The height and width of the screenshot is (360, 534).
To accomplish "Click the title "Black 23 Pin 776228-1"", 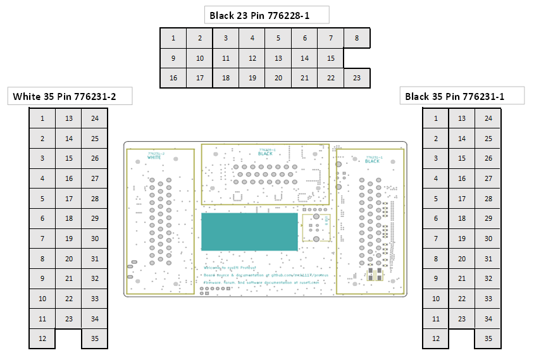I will (260, 15).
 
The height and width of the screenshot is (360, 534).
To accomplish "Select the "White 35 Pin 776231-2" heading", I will (69, 97).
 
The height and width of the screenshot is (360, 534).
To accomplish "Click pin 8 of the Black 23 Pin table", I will (357, 38).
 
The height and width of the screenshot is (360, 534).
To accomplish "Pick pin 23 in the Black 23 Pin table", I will (357, 78).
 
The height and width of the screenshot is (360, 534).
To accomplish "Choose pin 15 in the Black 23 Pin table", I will (330, 58).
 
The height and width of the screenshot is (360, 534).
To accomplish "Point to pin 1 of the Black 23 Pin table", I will (173, 38).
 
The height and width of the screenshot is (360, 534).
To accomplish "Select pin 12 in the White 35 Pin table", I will (42, 338).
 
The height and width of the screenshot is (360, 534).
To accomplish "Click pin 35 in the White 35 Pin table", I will (95, 338).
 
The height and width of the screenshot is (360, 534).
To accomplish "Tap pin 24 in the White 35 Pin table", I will (95, 118).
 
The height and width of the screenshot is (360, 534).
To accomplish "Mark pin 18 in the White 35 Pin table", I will (69, 218).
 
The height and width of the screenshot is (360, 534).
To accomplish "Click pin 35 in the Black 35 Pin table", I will (488, 338).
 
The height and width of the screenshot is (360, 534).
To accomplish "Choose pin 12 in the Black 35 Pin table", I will (435, 338).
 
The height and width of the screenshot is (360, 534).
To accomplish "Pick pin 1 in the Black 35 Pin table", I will (435, 118).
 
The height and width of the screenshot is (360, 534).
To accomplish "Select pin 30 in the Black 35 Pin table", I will (488, 239).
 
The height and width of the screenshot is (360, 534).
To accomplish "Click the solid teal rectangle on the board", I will (249, 232).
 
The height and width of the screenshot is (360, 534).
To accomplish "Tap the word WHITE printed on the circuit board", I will (154, 158).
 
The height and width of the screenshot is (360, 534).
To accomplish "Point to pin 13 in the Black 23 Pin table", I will (278, 58).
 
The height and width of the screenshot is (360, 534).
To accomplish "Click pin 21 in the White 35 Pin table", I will (69, 278).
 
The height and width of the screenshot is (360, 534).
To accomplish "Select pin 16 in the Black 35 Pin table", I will (462, 178).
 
